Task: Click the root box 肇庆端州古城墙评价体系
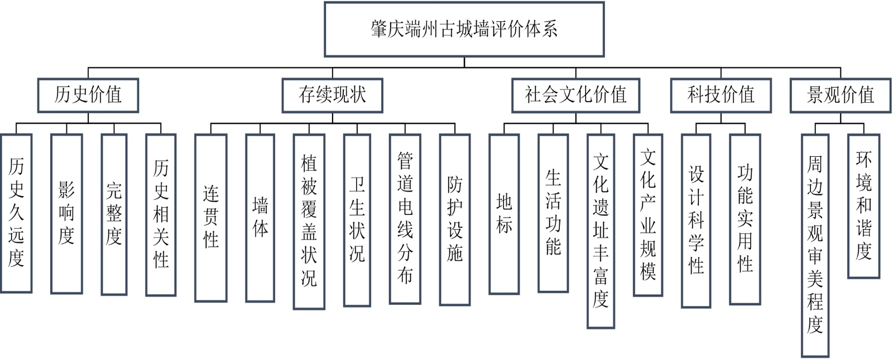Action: [464, 29]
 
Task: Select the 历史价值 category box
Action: [88, 95]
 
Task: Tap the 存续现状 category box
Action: [332, 95]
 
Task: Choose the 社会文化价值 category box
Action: [575, 95]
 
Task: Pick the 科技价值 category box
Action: [721, 95]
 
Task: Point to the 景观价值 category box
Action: [840, 95]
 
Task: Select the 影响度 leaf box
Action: [66, 213]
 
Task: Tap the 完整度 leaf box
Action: [114, 214]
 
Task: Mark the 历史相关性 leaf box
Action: [161, 214]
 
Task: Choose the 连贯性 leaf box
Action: [210, 218]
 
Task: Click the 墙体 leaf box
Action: [260, 218]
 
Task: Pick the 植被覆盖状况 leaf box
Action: [309, 221]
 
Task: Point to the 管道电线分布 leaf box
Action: [405, 219]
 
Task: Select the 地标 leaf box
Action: [504, 214]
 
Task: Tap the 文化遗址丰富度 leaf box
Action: [601, 231]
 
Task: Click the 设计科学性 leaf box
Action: [696, 220]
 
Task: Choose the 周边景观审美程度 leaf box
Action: [815, 245]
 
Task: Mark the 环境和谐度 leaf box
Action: [863, 206]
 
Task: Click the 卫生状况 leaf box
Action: [357, 220]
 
